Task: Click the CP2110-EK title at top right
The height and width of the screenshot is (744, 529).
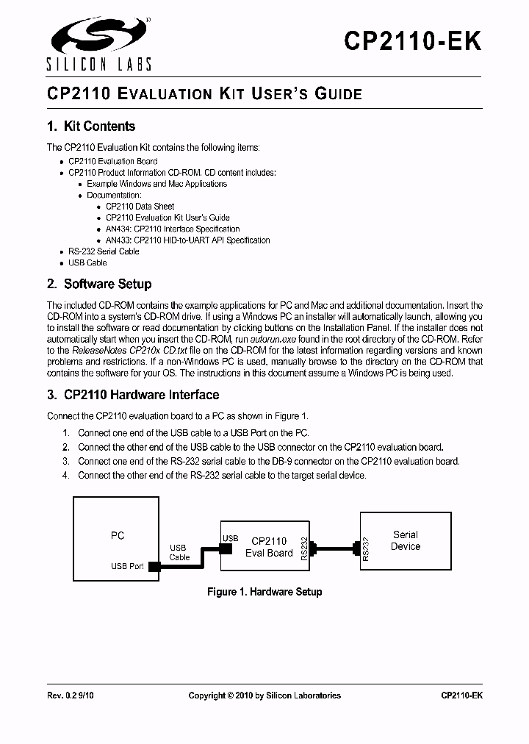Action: [413, 40]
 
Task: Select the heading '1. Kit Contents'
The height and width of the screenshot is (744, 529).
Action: [91, 126]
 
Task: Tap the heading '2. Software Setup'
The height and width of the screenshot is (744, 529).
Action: [99, 285]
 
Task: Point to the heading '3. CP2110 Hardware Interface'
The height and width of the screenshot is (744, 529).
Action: [133, 396]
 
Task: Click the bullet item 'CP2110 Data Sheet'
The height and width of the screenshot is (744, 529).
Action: [140, 207]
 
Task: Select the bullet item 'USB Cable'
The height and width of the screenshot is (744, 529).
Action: [87, 262]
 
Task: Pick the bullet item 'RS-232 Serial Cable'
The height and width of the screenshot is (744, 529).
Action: [104, 251]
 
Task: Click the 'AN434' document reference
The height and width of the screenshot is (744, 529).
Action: [118, 229]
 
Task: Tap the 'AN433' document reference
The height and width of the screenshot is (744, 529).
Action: [118, 240]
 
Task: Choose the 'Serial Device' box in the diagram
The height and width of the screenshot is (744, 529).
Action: [405, 540]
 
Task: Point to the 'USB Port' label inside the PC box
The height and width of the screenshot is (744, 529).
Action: [127, 566]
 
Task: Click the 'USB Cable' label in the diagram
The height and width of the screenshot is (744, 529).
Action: [179, 552]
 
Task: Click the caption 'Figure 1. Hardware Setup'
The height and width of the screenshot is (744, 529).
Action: [264, 592]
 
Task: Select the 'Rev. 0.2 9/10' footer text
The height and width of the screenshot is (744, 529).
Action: [71, 695]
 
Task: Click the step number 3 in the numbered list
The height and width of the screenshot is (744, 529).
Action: [65, 461]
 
